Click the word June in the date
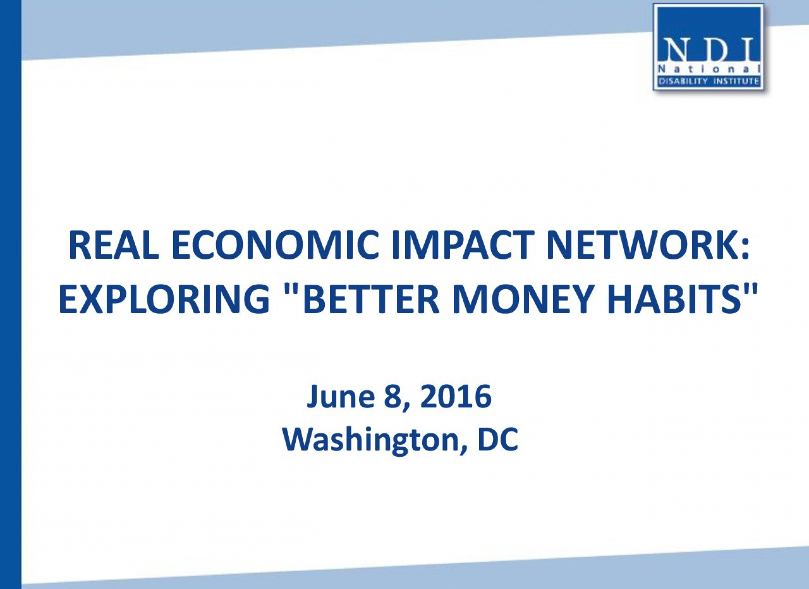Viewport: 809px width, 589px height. coord(341,397)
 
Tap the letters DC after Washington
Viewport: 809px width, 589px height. coord(498,440)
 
